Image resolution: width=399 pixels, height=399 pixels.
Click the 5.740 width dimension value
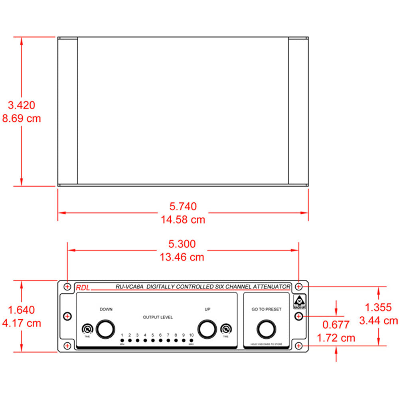183,207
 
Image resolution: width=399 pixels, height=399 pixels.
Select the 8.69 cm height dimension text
22,119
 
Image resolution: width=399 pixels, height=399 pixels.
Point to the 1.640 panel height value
22,310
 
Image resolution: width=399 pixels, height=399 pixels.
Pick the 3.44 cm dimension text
378,320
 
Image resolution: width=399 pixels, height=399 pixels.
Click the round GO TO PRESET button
266,329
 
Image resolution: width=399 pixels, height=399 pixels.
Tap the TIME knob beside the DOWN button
87,329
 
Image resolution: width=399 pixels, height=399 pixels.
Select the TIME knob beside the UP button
226,329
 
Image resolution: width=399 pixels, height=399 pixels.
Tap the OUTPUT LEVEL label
158,318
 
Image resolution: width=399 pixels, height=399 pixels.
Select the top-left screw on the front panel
67,286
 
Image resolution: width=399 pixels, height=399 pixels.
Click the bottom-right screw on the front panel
299,346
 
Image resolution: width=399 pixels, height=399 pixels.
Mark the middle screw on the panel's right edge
298,316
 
